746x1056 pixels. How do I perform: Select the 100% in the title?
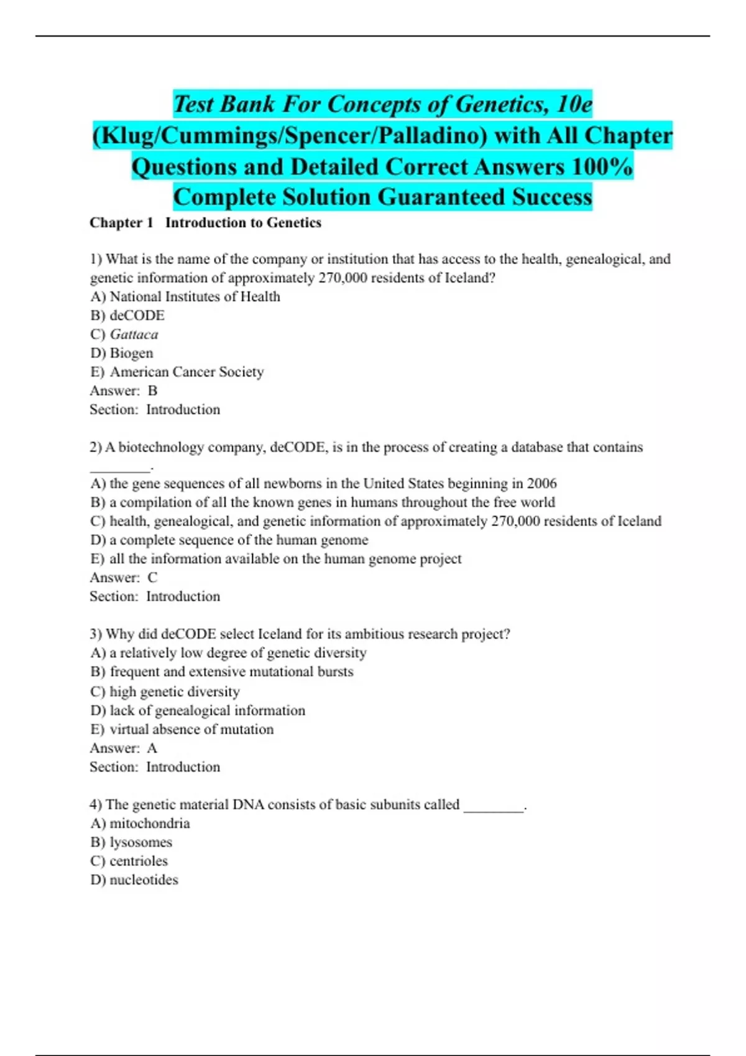click(599, 166)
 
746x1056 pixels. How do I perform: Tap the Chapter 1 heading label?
click(121, 222)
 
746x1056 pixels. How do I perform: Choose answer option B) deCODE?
click(127, 316)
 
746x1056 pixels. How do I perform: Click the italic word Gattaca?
click(134, 334)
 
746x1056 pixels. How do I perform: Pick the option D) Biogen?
click(122, 353)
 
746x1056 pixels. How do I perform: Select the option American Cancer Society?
click(186, 371)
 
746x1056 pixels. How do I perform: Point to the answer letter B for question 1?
click(152, 391)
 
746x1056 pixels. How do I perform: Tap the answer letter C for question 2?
click(152, 578)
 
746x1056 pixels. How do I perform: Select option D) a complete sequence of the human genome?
click(229, 540)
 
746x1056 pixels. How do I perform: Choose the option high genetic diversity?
click(174, 691)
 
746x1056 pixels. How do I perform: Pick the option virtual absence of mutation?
click(191, 729)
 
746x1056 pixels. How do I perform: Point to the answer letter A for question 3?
click(152, 749)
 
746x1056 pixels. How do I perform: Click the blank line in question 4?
click(494, 808)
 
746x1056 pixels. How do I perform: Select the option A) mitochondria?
click(140, 824)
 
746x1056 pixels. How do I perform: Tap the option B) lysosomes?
click(131, 842)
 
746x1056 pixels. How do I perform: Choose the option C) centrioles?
click(129, 861)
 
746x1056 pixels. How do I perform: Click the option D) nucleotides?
click(134, 880)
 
